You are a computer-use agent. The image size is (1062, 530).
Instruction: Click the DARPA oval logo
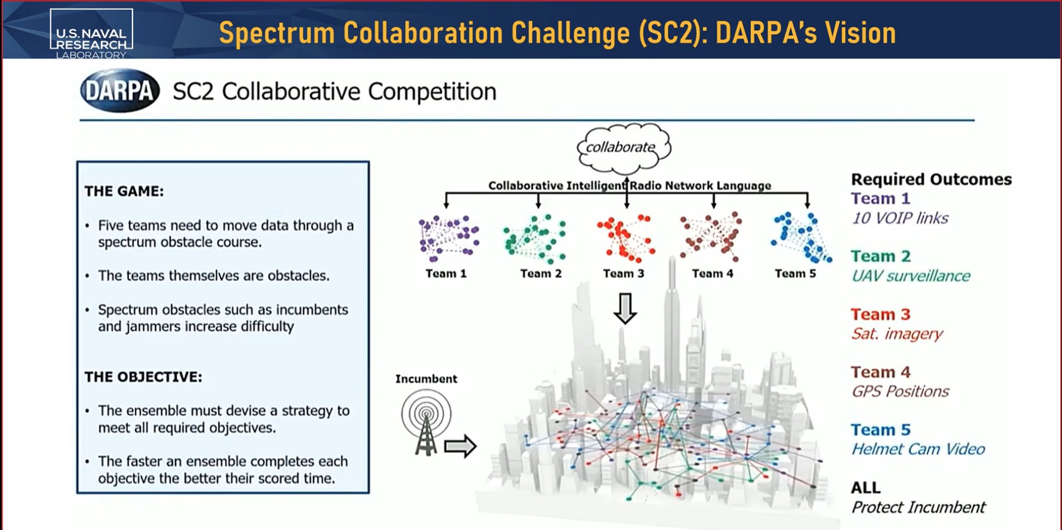click(120, 91)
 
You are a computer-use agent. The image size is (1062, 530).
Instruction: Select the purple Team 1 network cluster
click(448, 238)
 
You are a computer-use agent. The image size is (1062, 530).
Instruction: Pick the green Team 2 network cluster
click(534, 238)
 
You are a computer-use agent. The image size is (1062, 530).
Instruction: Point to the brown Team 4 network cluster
click(711, 237)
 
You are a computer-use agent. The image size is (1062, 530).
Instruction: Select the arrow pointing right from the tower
click(460, 447)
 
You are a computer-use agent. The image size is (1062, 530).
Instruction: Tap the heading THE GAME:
click(124, 191)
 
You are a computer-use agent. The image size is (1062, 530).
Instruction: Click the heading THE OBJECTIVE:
click(143, 377)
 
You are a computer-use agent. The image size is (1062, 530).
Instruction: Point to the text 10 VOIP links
click(900, 218)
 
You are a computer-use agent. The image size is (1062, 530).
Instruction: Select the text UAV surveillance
click(911, 276)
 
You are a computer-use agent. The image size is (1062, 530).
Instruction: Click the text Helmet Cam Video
click(918, 449)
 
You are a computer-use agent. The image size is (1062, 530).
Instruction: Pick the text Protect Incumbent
click(918, 507)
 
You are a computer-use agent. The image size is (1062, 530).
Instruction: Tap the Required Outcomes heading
click(931, 179)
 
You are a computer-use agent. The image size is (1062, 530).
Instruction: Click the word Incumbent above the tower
click(426, 379)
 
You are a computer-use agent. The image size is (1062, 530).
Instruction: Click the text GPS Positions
click(900, 391)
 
